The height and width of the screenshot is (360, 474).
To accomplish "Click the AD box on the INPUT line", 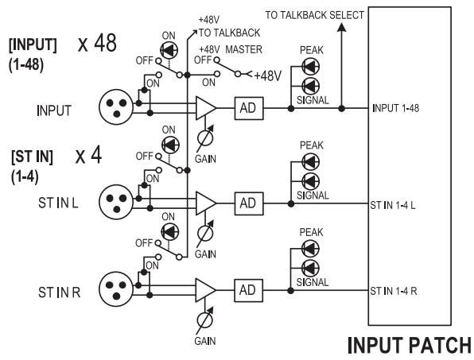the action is click(x=249, y=108).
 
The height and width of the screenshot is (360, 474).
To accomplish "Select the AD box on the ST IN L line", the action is click(x=249, y=203).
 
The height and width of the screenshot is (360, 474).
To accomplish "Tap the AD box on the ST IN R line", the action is click(x=248, y=291).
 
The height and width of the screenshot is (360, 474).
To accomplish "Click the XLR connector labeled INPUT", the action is click(x=116, y=106).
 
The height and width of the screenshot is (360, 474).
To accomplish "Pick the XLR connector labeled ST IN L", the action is click(x=116, y=202).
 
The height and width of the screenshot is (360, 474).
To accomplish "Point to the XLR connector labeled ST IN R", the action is click(x=116, y=288).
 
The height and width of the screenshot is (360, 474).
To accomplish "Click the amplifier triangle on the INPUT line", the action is click(x=206, y=108).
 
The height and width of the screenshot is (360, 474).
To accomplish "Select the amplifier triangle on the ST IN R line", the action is click(x=205, y=290).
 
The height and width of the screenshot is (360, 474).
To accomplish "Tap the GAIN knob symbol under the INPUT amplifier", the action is click(x=205, y=138).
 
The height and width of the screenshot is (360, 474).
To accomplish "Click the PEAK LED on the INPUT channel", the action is click(x=310, y=67).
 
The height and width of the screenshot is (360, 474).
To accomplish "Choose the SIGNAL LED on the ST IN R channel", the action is click(x=310, y=268).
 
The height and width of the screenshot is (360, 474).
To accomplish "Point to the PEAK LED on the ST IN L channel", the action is click(x=310, y=162).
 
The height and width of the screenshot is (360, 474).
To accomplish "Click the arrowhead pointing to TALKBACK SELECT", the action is click(x=342, y=27).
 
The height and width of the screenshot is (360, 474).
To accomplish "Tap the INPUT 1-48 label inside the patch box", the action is click(x=396, y=108).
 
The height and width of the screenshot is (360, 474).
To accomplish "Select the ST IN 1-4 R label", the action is click(x=394, y=291).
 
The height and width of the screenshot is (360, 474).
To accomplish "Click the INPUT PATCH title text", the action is click(x=410, y=345).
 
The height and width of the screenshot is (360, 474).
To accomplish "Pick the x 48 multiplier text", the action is click(x=97, y=43).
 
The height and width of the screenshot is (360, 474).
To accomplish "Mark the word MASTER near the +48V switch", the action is click(x=243, y=49).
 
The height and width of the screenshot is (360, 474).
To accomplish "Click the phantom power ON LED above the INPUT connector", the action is click(x=169, y=50).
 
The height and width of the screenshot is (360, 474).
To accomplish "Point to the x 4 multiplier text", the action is click(x=88, y=156).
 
